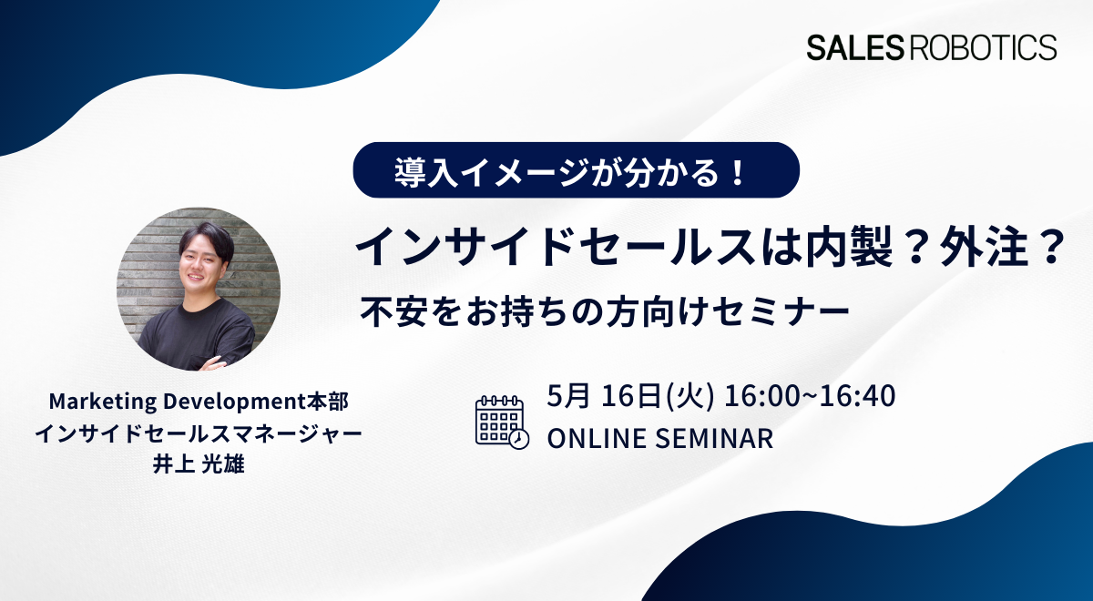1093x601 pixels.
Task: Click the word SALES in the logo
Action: pos(855,47)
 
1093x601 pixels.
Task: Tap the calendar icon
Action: pos(502,422)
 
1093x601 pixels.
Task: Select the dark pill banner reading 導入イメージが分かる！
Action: pos(577,169)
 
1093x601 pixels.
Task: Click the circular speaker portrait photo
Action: pos(199,289)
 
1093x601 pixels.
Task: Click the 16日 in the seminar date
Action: pos(631,395)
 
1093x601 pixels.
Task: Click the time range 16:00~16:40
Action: pos(810,395)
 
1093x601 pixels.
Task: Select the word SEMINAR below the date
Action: pos(714,438)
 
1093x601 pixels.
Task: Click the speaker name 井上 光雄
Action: pos(199,463)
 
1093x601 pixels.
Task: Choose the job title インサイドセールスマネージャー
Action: pos(199,433)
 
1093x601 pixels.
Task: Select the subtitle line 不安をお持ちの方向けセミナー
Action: pos(605,312)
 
